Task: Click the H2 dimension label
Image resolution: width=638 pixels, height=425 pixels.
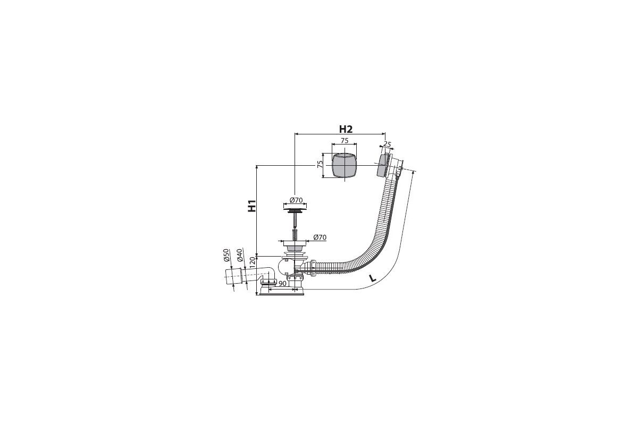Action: (x=346, y=129)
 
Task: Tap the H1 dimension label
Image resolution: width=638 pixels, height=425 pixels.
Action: (x=252, y=206)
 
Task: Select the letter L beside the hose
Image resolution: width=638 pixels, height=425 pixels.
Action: (x=372, y=278)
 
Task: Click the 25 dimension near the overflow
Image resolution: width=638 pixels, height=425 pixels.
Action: (x=387, y=144)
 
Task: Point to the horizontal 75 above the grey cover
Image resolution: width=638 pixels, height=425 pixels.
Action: (x=345, y=141)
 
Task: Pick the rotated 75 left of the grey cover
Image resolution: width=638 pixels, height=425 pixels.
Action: (x=320, y=164)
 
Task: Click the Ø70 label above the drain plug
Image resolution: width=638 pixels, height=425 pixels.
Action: (x=296, y=200)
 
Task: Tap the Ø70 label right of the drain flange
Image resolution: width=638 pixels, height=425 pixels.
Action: (x=320, y=237)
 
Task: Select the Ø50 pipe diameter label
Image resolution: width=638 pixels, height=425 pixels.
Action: (x=226, y=255)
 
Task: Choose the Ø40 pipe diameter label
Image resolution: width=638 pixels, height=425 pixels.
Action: (x=239, y=255)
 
